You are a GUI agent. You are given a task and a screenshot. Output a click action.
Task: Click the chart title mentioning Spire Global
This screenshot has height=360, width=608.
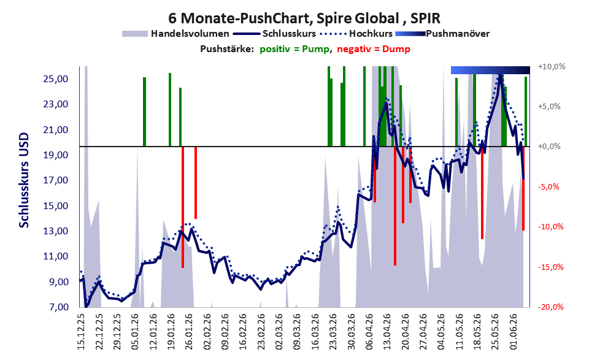coord(304,18)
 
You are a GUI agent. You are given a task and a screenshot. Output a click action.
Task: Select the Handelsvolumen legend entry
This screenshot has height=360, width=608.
coord(175,34)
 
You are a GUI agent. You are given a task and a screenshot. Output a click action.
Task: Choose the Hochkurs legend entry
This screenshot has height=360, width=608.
coord(356,34)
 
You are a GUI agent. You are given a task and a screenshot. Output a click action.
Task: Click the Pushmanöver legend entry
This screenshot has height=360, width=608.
coord(442,34)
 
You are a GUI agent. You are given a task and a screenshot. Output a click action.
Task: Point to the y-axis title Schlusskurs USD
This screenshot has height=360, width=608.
coord(24,180)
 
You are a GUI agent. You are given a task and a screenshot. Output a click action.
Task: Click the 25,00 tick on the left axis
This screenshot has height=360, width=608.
coord(55,79)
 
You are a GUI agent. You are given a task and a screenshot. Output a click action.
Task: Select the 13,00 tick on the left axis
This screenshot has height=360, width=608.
coord(55,231)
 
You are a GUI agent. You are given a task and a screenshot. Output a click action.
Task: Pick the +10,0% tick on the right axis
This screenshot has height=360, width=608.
coord(552,67)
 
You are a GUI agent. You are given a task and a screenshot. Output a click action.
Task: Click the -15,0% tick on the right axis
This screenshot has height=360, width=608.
coord(550,267)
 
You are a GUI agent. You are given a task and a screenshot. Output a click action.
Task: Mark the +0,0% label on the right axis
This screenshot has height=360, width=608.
coord(549,147)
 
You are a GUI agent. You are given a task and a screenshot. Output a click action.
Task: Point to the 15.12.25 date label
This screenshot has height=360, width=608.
coord(81,332)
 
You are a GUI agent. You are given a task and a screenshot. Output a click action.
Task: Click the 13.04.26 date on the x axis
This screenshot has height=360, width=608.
coord(386,332)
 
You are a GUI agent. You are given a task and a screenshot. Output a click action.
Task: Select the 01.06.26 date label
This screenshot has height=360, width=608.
coord(513,332)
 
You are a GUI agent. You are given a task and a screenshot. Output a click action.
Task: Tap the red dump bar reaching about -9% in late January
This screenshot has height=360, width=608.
coord(196,183)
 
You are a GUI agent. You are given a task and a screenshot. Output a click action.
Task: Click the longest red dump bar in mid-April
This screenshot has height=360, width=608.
coord(395,206)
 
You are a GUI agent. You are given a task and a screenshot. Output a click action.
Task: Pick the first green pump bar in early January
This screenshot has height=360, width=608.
coord(145,112)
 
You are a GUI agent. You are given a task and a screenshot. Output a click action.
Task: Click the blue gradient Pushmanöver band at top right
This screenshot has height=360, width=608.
coord(490,70)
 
